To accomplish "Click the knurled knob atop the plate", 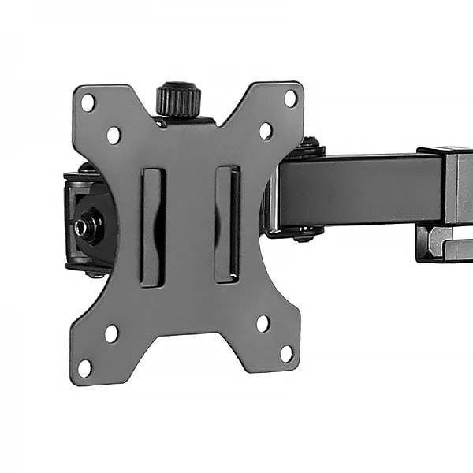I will click(178, 99).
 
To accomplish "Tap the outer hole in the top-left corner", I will click(88, 102).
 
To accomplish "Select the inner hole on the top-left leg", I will click(114, 135).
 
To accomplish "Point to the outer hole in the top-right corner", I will click(290, 99).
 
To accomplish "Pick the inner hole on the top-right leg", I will click(266, 131).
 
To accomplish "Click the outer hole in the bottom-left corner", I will click(84, 367).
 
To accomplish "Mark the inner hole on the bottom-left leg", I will click(111, 333).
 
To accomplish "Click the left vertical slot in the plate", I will click(151, 226).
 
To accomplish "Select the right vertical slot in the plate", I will click(227, 224).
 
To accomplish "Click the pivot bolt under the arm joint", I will click(306, 234).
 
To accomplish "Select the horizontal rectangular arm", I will click(359, 190).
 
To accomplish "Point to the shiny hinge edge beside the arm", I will click(272, 197).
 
